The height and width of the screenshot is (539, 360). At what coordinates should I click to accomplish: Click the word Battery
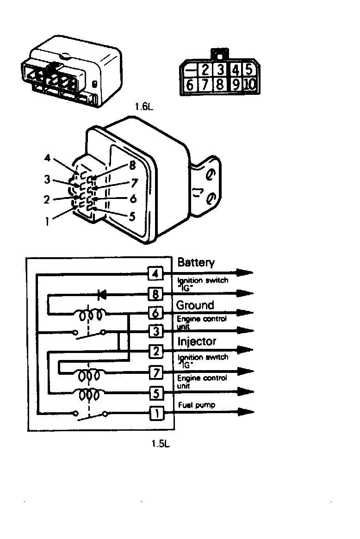(x=196, y=263)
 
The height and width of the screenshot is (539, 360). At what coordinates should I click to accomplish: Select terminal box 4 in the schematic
(x=155, y=273)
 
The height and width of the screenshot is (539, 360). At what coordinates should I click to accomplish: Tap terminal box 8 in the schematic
(x=155, y=294)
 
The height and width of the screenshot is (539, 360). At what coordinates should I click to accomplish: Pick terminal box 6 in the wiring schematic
(x=155, y=313)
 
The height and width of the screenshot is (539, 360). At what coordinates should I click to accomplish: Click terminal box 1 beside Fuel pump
(x=156, y=413)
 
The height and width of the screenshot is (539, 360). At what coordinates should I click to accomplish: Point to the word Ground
(x=195, y=305)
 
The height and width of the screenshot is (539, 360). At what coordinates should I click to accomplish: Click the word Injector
(x=197, y=341)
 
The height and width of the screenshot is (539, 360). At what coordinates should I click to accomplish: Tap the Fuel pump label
(x=197, y=405)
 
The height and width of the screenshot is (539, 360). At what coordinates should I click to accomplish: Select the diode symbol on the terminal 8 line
(x=102, y=295)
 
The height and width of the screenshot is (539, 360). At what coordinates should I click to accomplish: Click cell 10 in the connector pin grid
(x=250, y=84)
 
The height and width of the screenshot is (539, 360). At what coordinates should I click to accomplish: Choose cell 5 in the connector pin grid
(x=249, y=69)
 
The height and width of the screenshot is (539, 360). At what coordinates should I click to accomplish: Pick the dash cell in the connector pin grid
(x=189, y=70)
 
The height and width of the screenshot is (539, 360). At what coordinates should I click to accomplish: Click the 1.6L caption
(x=144, y=106)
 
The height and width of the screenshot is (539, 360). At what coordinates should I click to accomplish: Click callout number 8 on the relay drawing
(x=132, y=166)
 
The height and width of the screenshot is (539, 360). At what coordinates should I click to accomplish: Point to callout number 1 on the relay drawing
(x=47, y=222)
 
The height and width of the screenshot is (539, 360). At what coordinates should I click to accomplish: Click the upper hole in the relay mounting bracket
(x=210, y=175)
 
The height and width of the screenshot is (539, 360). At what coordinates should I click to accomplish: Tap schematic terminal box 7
(x=156, y=372)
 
